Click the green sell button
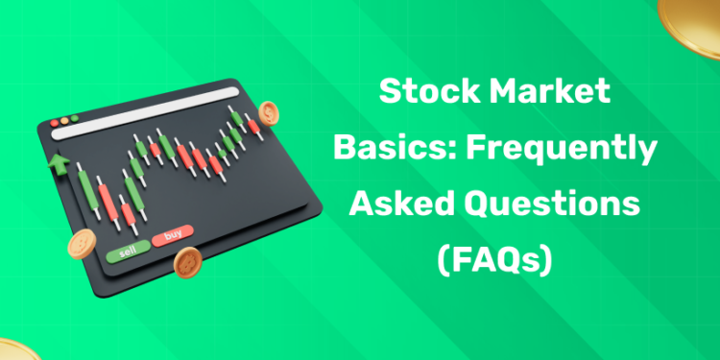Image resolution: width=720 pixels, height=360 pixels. point(128,253)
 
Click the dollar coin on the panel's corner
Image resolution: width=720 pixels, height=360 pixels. point(268,114)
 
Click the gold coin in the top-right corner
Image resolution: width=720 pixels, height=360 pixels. point(695,13)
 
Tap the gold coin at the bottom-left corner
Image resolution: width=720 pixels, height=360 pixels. point(13,349)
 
